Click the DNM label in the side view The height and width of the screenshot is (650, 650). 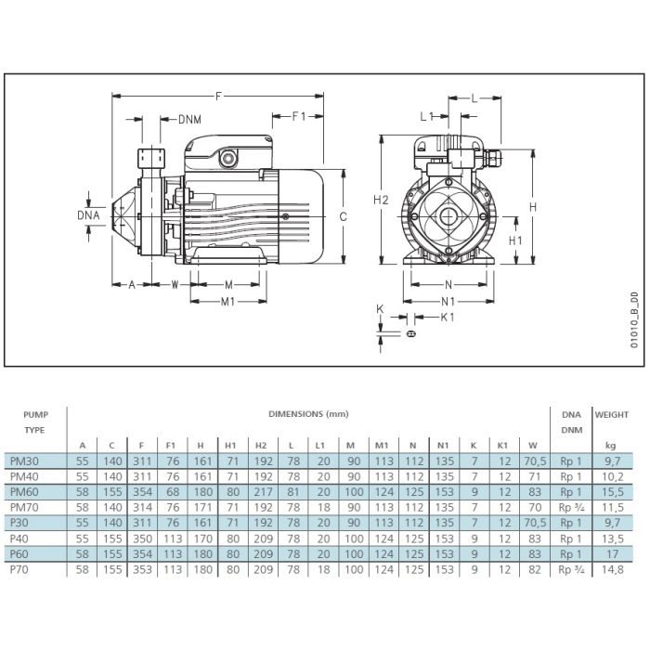[x=189, y=120]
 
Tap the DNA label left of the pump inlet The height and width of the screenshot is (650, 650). [x=89, y=215]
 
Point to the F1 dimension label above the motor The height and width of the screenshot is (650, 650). [x=299, y=116]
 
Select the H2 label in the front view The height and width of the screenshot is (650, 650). [x=381, y=200]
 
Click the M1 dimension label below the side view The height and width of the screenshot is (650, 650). [x=228, y=302]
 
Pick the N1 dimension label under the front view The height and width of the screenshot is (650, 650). [x=448, y=302]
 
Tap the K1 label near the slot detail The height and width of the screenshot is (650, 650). [x=448, y=318]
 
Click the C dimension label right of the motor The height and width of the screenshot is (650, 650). [x=344, y=216]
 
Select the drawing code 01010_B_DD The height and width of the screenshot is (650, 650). [x=634, y=320]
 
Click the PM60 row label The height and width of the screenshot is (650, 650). [x=24, y=492]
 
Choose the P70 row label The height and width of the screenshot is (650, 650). [x=19, y=569]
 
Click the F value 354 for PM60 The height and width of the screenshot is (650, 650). [x=142, y=492]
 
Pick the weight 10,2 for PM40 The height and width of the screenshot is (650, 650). [x=613, y=476]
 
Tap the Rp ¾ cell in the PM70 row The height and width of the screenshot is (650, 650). [x=571, y=508]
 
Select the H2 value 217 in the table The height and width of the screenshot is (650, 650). [x=263, y=492]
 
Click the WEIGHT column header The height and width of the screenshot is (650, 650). [x=612, y=414]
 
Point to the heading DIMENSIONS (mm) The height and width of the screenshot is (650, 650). [x=308, y=414]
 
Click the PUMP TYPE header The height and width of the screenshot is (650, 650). [x=35, y=422]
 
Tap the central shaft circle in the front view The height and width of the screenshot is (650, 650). [x=448, y=216]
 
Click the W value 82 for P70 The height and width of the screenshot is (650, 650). [x=535, y=569]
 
